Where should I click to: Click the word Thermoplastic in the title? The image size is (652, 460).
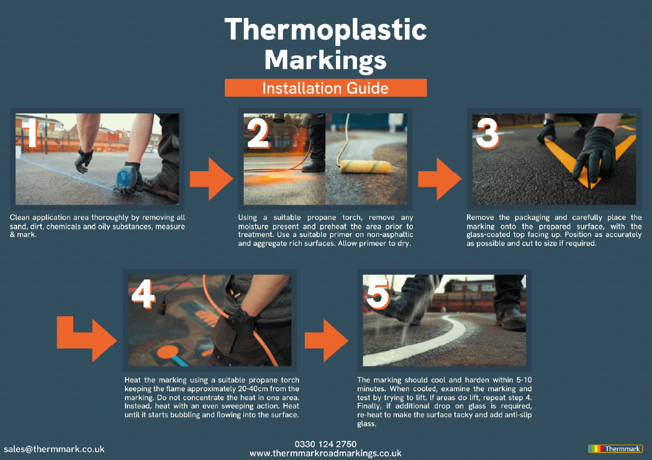(x=325, y=30)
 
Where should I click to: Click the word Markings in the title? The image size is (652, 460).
(x=325, y=61)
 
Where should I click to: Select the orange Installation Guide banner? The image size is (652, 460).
(x=325, y=88)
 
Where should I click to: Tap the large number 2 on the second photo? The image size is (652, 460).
(x=259, y=135)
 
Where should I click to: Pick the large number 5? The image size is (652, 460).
(x=378, y=295)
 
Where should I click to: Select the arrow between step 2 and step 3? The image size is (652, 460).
(x=439, y=178)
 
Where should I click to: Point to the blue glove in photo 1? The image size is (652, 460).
(x=127, y=177)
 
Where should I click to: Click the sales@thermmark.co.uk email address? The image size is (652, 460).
(x=54, y=449)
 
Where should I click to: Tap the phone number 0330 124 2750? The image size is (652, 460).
(x=325, y=444)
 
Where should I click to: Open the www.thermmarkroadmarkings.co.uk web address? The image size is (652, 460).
(x=325, y=454)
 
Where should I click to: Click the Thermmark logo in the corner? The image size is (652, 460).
(x=615, y=448)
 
